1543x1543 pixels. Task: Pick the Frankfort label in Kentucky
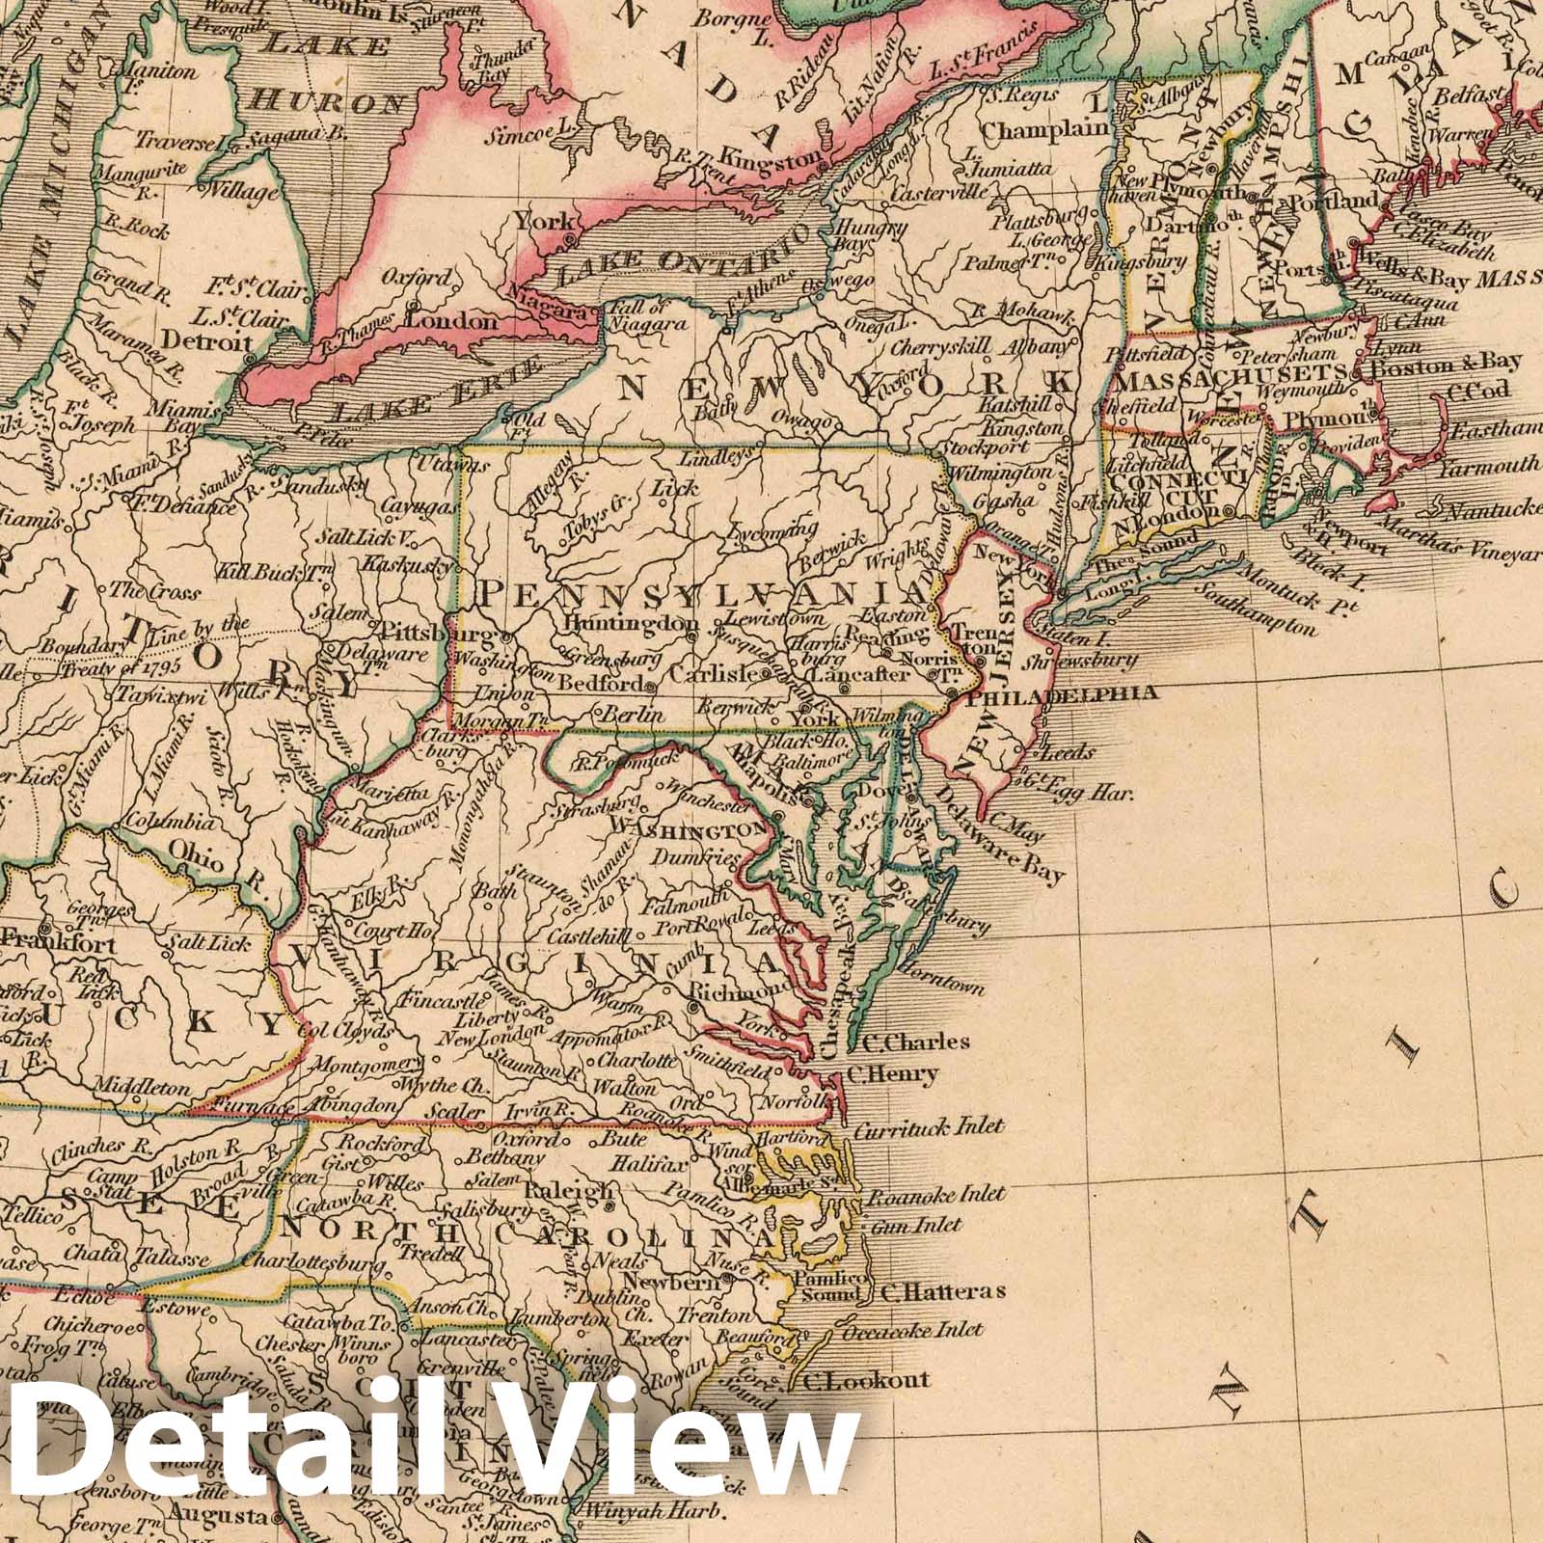tap(60, 946)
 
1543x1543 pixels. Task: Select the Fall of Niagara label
tap(650, 315)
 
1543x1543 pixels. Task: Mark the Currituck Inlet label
tap(929, 1126)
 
